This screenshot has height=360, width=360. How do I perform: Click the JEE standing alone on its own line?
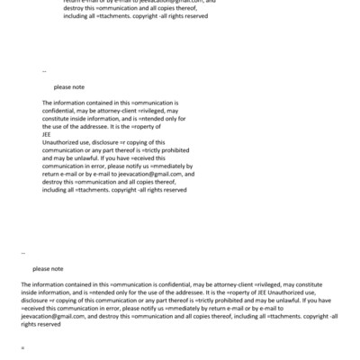[47, 135]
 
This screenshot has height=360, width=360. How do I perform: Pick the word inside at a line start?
[36, 292]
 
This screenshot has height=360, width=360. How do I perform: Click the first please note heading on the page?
[69, 87]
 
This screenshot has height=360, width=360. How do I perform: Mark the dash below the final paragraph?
[22, 346]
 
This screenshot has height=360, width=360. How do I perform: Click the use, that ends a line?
[320, 292]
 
